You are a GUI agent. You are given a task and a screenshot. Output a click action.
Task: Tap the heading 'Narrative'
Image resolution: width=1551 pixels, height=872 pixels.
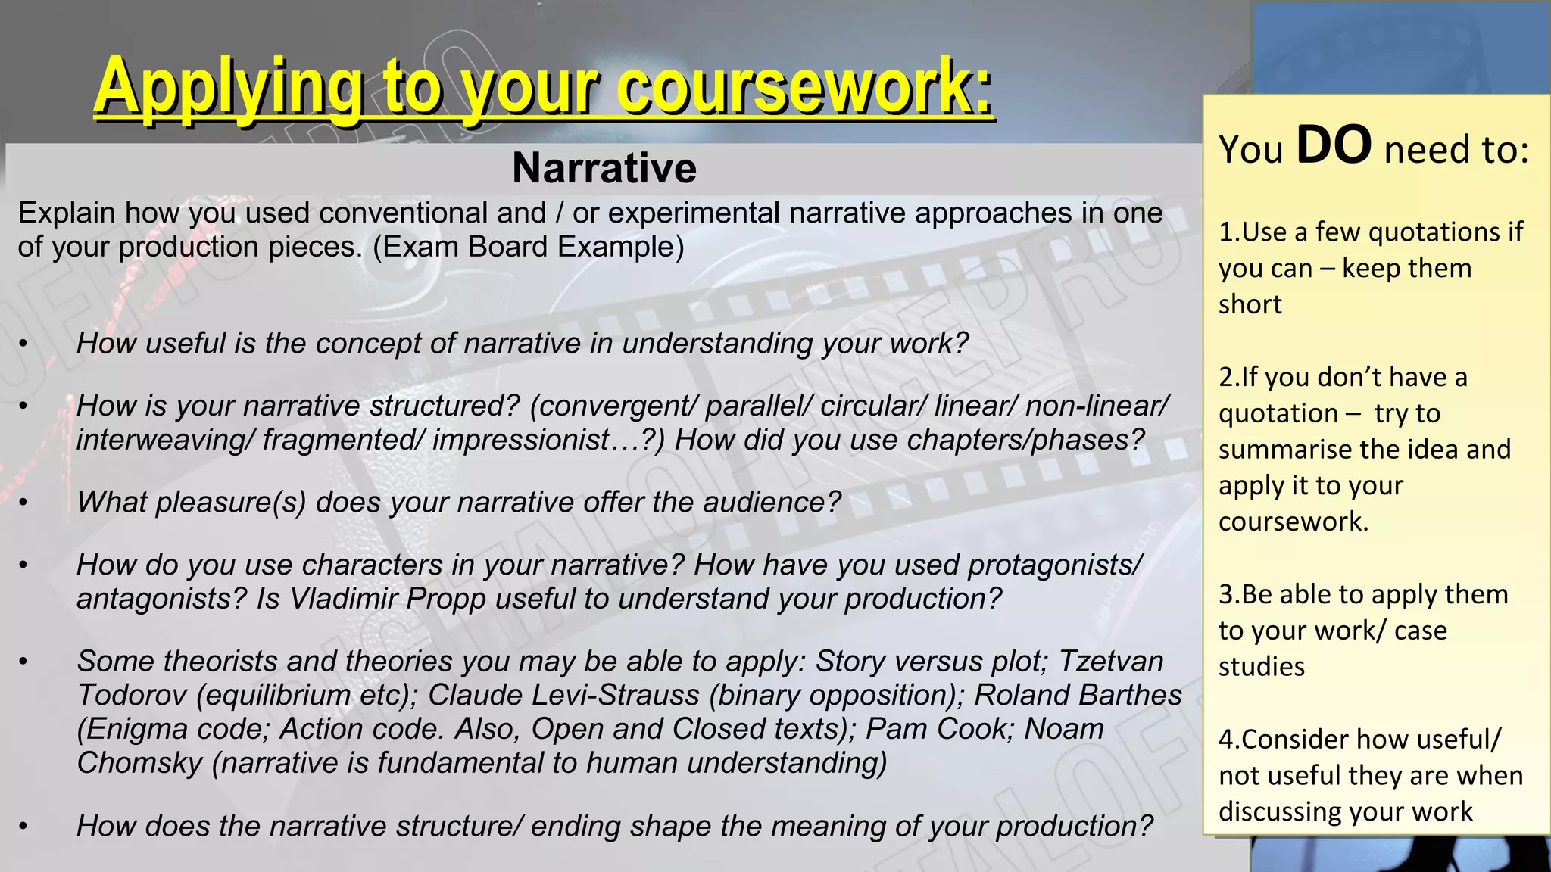[x=604, y=168]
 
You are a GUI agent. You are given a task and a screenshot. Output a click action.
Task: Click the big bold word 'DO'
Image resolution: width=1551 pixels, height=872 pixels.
[x=1334, y=145]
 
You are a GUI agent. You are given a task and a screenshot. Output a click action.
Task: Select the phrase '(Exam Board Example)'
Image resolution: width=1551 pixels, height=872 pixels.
[x=528, y=247]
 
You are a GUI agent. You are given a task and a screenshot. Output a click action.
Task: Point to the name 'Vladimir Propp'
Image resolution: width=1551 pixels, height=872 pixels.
[x=388, y=599]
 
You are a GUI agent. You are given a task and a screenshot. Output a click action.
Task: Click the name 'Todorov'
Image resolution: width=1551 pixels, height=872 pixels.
[x=132, y=695]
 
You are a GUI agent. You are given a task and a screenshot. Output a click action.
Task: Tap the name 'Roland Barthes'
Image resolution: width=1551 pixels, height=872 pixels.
[x=1078, y=695]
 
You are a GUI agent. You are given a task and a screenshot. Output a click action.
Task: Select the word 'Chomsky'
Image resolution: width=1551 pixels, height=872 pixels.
[x=139, y=763]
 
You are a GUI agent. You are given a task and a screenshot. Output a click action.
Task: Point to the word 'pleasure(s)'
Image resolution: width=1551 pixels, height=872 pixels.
[x=231, y=503]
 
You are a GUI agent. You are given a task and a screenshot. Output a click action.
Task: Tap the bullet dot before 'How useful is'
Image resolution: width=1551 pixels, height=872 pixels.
[x=23, y=345]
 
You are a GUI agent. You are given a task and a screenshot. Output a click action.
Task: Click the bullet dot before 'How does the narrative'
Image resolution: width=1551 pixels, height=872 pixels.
[x=23, y=827]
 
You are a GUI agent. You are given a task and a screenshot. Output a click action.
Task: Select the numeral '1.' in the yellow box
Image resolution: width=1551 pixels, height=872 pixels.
[x=1228, y=232]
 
